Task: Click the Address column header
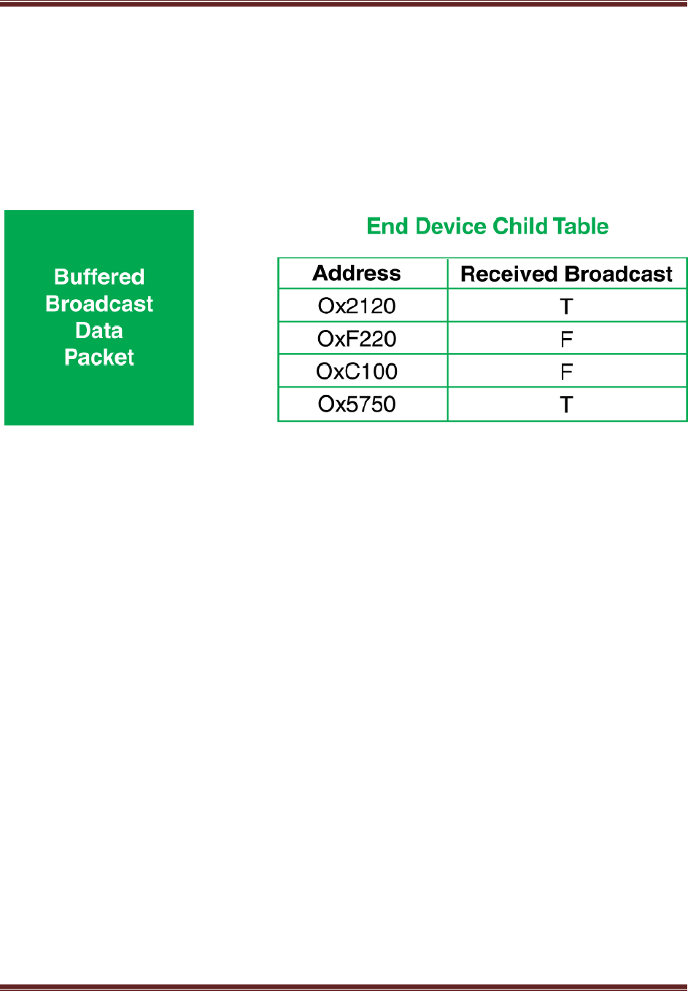356,273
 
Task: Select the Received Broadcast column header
566,274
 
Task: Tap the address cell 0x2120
357,306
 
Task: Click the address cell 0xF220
357,339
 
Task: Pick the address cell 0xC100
357,371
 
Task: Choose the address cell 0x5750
357,404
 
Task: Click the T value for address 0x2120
566,306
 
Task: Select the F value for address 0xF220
566,339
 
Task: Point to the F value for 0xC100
566,371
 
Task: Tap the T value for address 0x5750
566,404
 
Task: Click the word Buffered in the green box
99,277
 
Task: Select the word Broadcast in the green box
99,304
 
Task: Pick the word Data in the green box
99,331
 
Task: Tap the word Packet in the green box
99,358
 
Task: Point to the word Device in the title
451,226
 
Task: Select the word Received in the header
509,274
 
